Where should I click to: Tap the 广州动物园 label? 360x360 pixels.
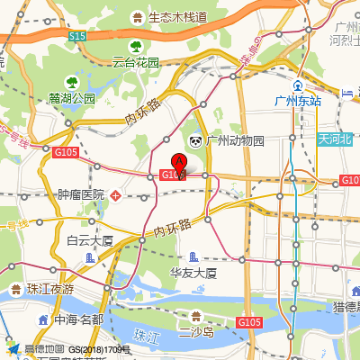[x=235, y=141]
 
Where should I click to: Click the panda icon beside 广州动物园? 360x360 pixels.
[x=195, y=141]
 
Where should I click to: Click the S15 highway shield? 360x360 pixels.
[x=76, y=35]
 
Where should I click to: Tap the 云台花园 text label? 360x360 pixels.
[x=135, y=63]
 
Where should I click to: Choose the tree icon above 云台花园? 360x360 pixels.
[x=136, y=46]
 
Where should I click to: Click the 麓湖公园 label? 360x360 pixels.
[x=73, y=98]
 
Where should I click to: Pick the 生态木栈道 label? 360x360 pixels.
[x=178, y=17]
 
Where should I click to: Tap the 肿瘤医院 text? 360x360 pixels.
[x=81, y=194]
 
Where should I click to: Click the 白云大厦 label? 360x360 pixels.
[x=90, y=240]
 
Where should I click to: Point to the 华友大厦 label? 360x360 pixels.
[x=194, y=273]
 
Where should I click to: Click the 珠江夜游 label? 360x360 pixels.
[x=49, y=289]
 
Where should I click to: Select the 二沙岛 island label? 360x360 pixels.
[x=195, y=333]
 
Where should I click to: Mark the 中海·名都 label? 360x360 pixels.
[x=78, y=319]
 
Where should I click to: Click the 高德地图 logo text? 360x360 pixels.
[x=43, y=349]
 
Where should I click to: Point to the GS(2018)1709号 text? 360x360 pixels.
[x=100, y=349]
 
